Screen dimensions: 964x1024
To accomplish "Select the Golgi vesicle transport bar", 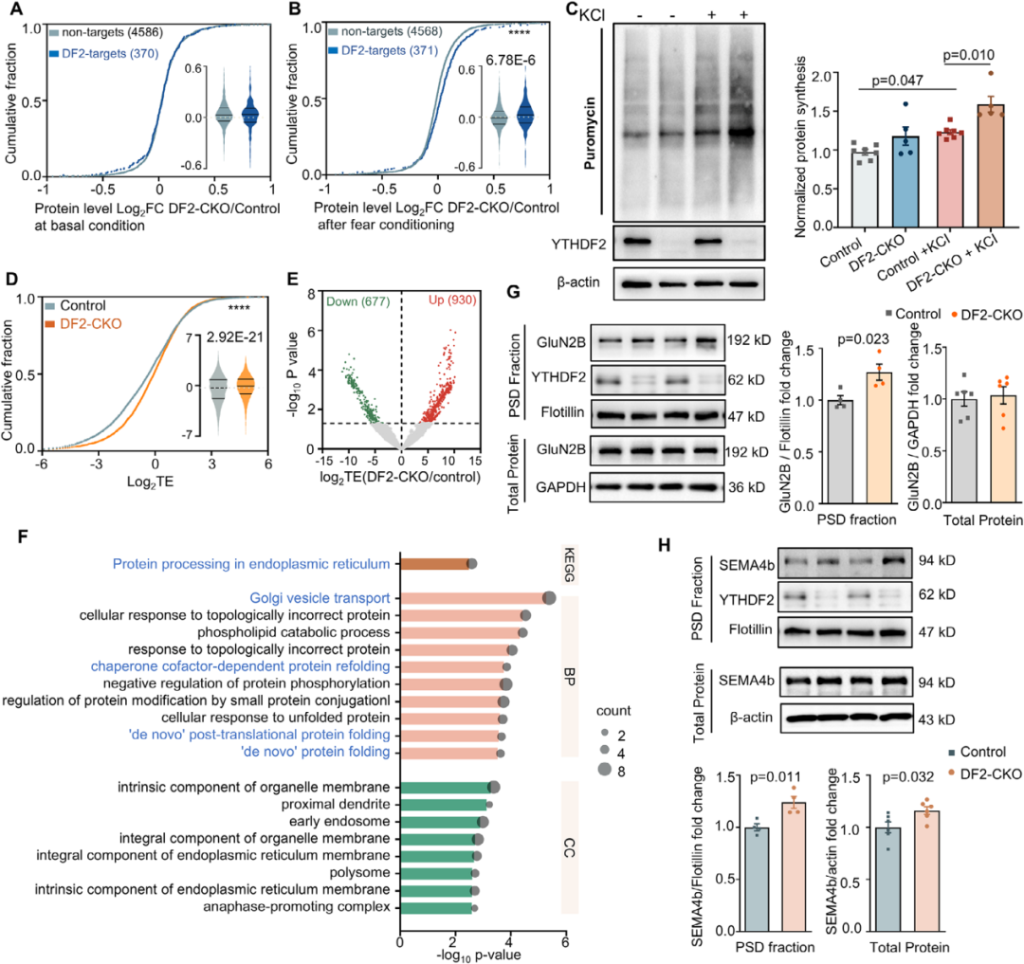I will coord(474,598).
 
